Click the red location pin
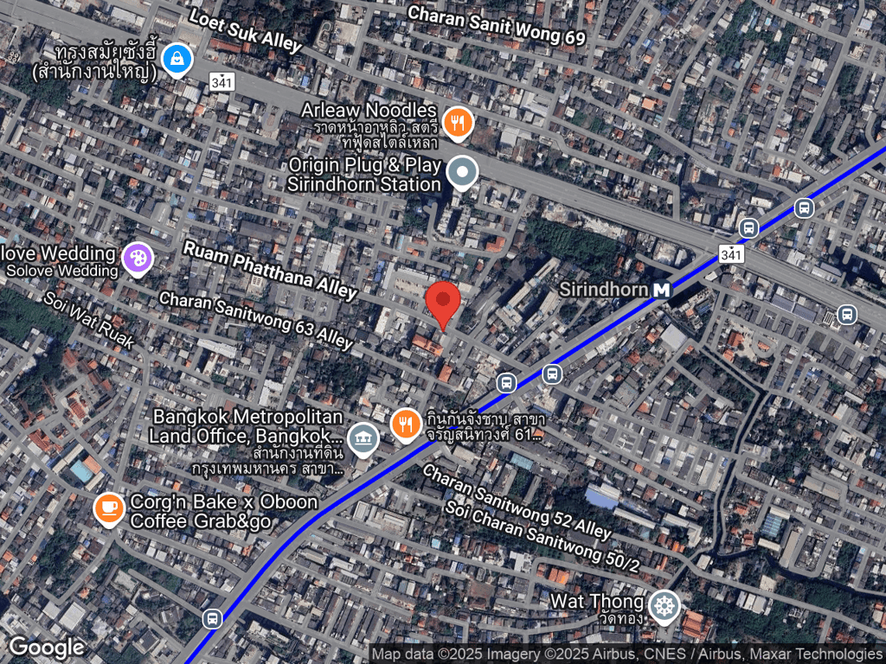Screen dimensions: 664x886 pyautogui.click(x=444, y=303)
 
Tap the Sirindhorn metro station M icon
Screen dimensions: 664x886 pyautogui.click(x=663, y=290)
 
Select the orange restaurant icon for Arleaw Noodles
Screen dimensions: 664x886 pyautogui.click(x=457, y=122)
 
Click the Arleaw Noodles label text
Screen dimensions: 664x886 pyautogui.click(x=369, y=111)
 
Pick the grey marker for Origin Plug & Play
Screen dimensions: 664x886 pyautogui.click(x=463, y=173)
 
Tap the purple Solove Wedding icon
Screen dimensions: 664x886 pyautogui.click(x=137, y=257)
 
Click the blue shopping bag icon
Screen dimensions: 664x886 pyautogui.click(x=177, y=59)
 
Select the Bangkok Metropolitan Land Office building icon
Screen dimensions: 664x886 pyautogui.click(x=363, y=437)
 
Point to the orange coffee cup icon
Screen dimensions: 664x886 pyautogui.click(x=109, y=508)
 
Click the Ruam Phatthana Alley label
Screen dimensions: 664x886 pyautogui.click(x=270, y=270)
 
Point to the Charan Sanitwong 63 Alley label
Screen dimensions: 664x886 pyautogui.click(x=256, y=320)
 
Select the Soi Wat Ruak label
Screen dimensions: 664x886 pyautogui.click(x=91, y=319)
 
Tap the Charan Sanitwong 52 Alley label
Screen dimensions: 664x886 pyautogui.click(x=517, y=501)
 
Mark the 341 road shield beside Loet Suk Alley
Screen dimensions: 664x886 pyautogui.click(x=221, y=81)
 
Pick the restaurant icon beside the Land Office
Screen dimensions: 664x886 pyautogui.click(x=405, y=424)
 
